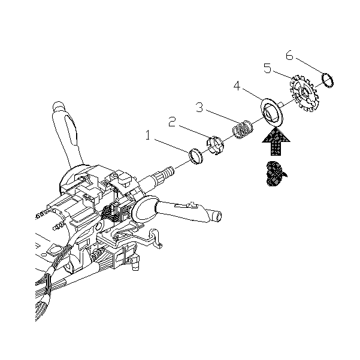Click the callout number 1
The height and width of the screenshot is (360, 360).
pyautogui.click(x=148, y=135)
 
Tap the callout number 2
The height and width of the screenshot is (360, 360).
pyautogui.click(x=172, y=122)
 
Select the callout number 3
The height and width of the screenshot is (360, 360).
pyautogui.click(x=199, y=107)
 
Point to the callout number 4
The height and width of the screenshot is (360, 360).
pyautogui.click(x=237, y=86)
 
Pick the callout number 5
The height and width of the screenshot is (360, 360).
pyautogui.click(x=268, y=68)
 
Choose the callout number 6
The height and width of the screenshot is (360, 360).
pyautogui.click(x=289, y=55)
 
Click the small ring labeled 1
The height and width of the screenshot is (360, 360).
pyautogui.click(x=195, y=156)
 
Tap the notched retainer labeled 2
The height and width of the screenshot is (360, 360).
pyautogui.click(x=215, y=146)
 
